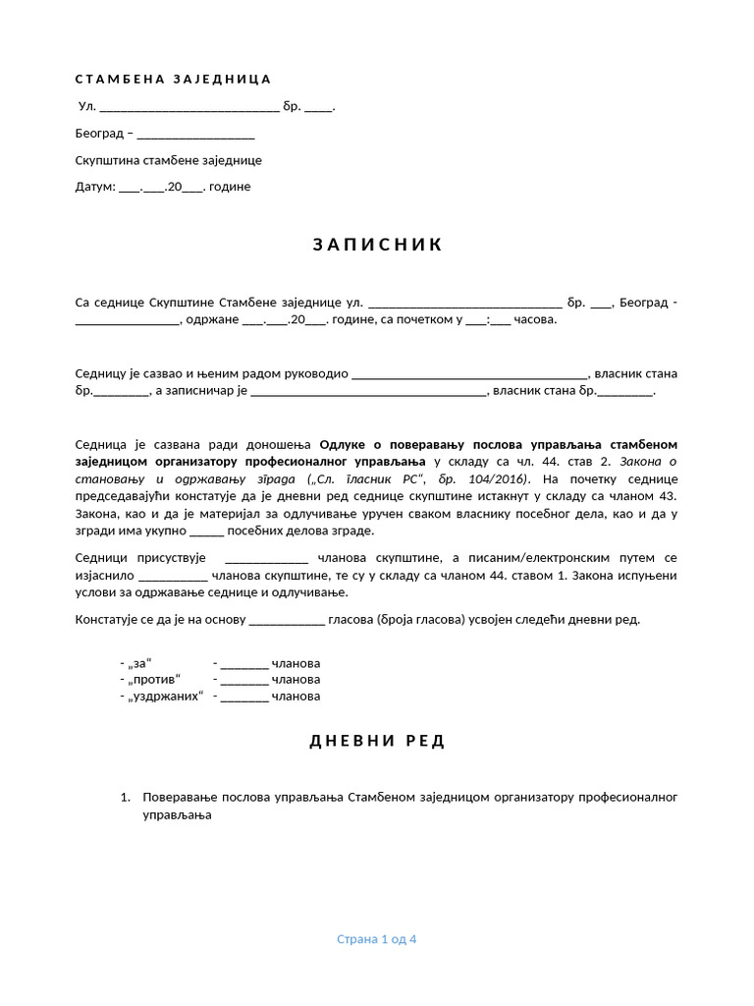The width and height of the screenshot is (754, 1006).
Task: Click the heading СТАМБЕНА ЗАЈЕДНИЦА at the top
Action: (173, 80)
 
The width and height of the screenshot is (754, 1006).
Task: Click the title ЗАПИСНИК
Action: (378, 245)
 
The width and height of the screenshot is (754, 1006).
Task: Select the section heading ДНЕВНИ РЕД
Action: (378, 741)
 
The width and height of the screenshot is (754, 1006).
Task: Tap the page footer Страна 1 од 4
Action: (377, 939)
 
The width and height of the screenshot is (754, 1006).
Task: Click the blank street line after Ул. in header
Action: (189, 107)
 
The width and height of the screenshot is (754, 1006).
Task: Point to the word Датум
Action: (95, 187)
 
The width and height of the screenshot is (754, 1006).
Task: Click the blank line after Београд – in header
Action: (195, 134)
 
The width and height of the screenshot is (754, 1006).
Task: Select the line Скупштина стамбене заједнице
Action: (169, 160)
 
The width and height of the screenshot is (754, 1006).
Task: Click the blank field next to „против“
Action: (244, 679)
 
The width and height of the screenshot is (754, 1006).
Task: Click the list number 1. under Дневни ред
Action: (125, 797)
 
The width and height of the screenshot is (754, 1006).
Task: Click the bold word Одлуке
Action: (344, 444)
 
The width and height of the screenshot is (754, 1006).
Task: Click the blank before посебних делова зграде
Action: (206, 531)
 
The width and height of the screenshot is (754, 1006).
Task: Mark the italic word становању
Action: (110, 478)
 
